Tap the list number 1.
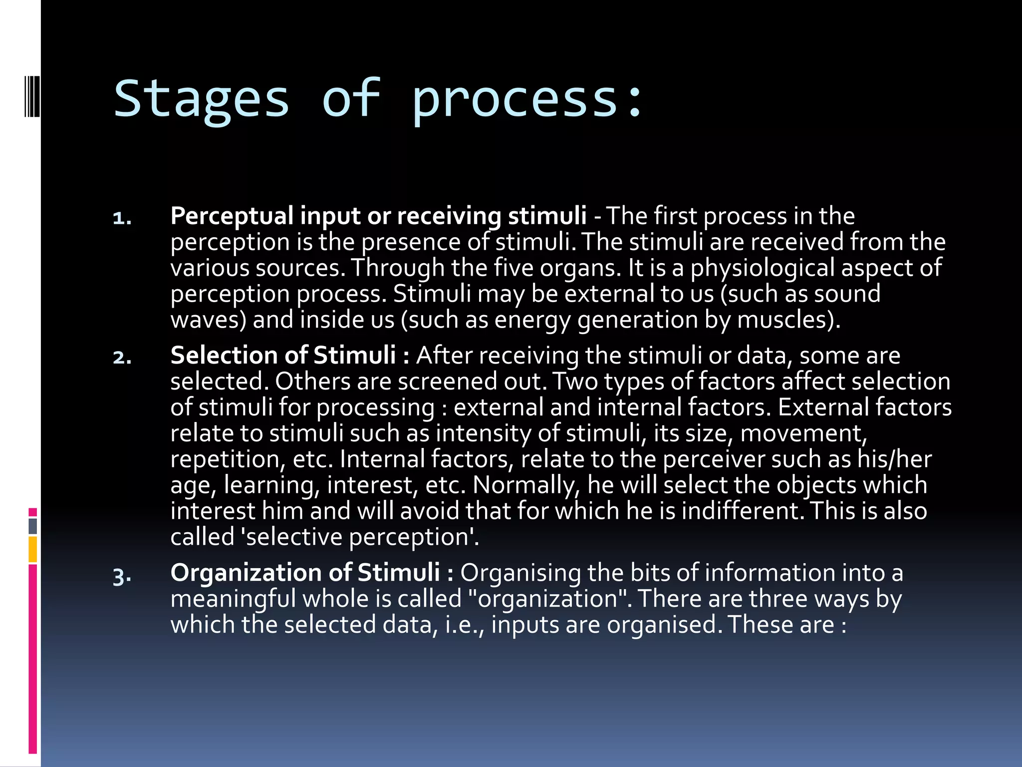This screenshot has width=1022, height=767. [x=122, y=218]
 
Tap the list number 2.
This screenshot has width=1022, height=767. [x=122, y=358]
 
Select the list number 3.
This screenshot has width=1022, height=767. [x=122, y=576]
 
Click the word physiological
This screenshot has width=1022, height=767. [x=763, y=268]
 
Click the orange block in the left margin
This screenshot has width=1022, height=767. [x=33, y=549]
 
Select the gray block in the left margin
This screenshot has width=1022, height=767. [x=33, y=526]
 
